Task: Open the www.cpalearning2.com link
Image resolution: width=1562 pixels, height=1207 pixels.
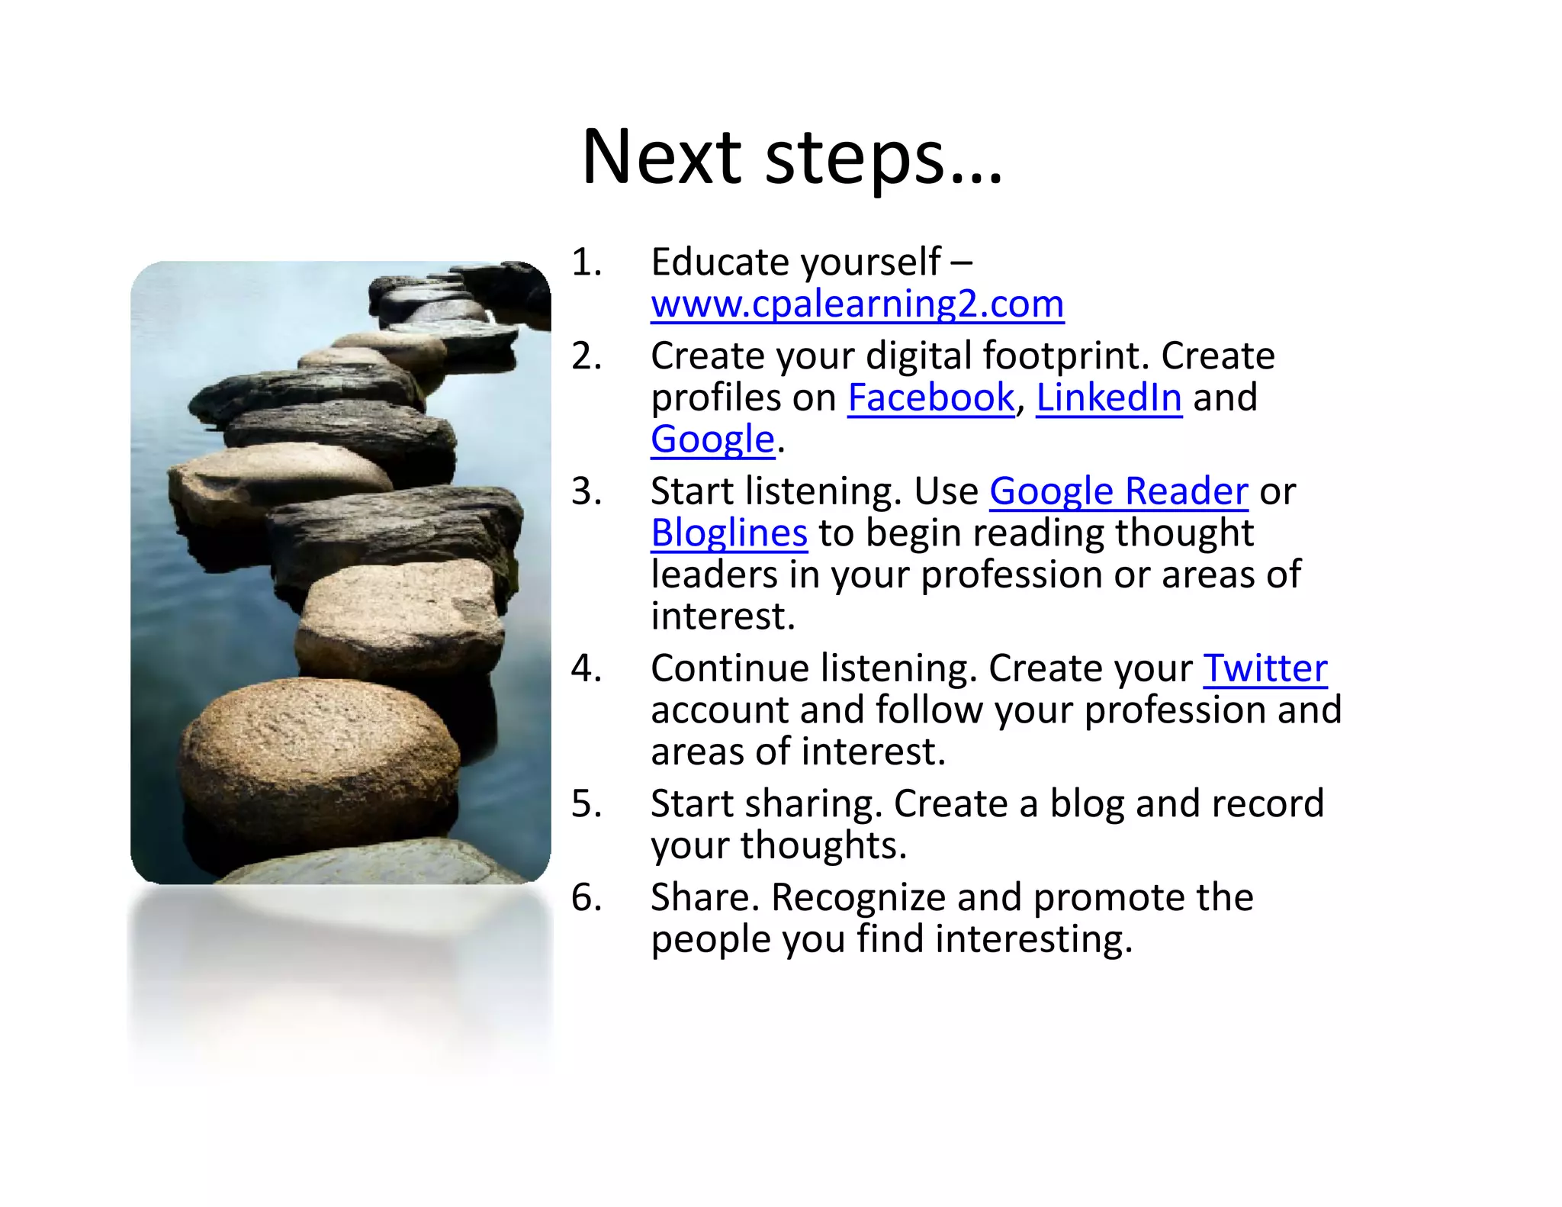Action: click(x=857, y=304)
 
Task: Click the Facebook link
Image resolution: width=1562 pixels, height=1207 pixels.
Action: click(x=930, y=398)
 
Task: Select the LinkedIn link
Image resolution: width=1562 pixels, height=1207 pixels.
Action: click(x=1108, y=398)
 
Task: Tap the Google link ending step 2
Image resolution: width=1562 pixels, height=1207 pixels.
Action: click(x=712, y=439)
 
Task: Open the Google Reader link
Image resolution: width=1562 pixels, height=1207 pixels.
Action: click(x=1118, y=491)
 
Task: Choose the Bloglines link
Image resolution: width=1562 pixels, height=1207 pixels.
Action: click(x=728, y=533)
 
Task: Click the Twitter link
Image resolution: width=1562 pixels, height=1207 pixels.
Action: click(x=1265, y=668)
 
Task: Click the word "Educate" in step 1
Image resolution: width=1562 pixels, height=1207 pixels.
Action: click(x=720, y=262)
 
